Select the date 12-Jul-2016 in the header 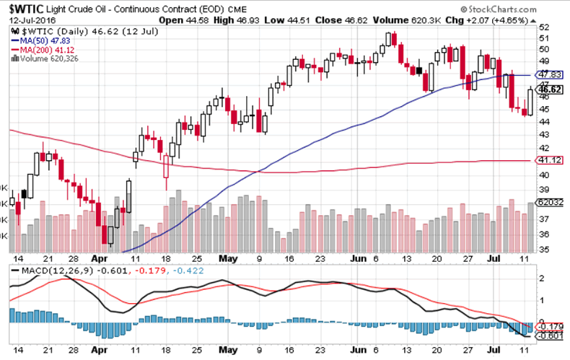point(27,22)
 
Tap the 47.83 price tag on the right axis point(550,75)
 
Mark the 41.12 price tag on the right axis point(550,160)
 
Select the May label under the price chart point(228,258)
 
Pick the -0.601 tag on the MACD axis point(551,335)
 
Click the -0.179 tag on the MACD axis point(551,326)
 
